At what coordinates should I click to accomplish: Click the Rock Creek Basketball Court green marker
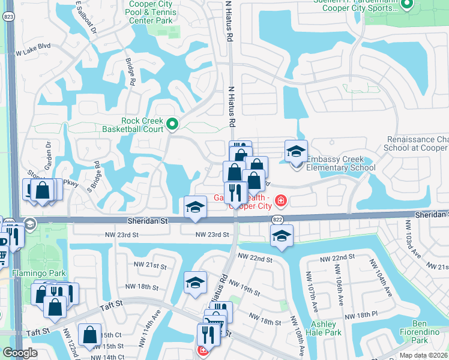[x=172, y=125]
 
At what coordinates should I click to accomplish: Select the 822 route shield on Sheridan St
[x=277, y=220]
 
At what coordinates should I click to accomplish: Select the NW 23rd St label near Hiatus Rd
[x=212, y=235]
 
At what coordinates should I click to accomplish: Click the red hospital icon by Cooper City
[x=280, y=200]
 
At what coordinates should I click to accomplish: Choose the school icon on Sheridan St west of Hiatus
[x=195, y=207]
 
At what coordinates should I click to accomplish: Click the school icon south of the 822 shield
[x=282, y=236]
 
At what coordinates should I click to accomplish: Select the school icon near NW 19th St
[x=195, y=283]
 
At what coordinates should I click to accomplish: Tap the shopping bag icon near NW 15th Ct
[x=89, y=335]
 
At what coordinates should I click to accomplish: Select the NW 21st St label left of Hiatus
[x=150, y=265]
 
